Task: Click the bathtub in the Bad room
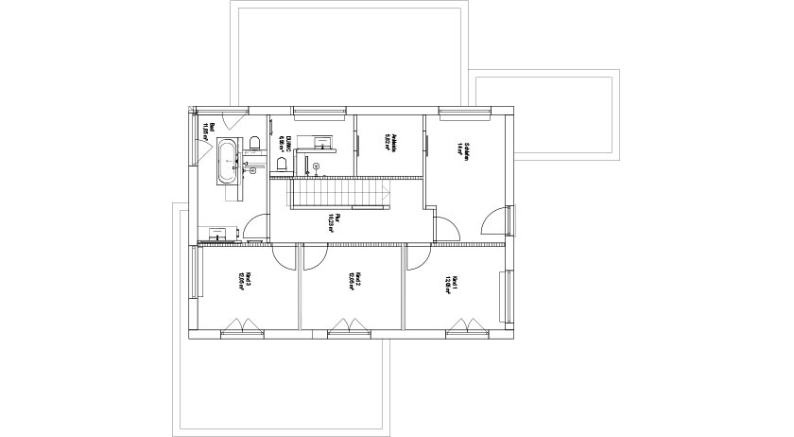[x=229, y=161]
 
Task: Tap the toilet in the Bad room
[x=254, y=144]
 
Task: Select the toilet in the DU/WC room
[x=281, y=165]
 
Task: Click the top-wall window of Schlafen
[x=464, y=114]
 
